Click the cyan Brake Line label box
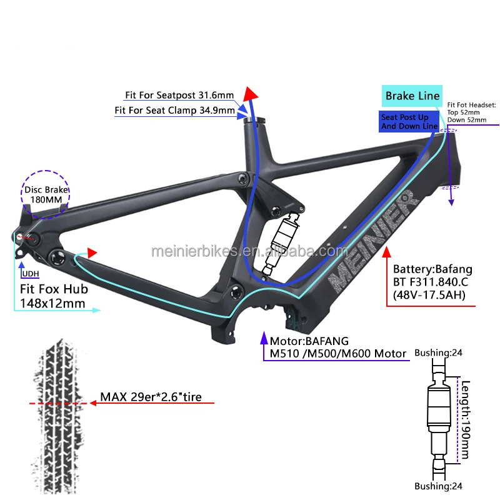tap(412, 96)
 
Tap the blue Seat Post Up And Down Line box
tap(409, 121)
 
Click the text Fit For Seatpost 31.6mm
tap(179, 96)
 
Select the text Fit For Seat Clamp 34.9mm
tap(174, 110)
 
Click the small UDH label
tap(30, 274)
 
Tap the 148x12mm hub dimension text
tap(49, 304)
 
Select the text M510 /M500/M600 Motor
tap(337, 354)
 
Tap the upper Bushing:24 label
tap(441, 353)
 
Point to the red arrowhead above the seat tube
tap(251, 94)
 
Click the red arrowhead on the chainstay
tap(92, 253)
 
